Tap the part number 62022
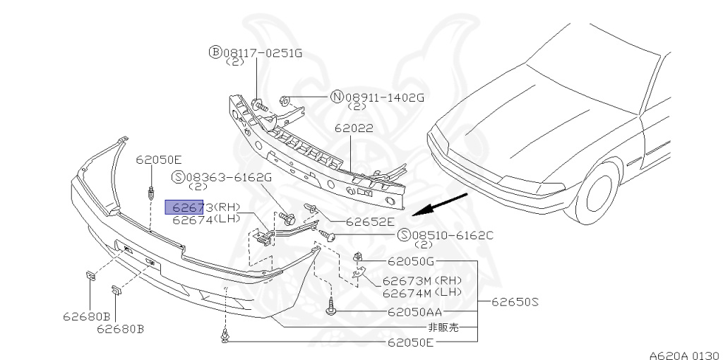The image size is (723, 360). click(x=352, y=129)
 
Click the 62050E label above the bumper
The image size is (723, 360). click(x=159, y=160)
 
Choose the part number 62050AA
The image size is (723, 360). click(x=416, y=311)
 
